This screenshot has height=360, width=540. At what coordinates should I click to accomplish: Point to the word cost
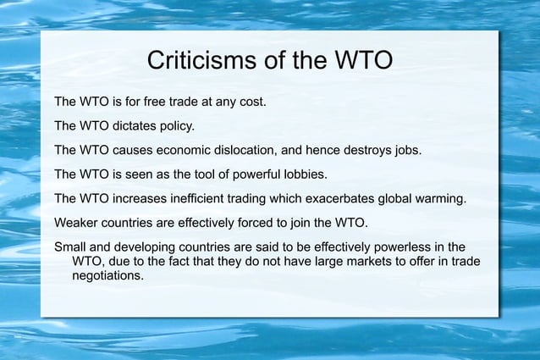(x=250, y=102)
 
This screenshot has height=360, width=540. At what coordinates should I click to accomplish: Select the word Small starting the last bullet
(x=71, y=248)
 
